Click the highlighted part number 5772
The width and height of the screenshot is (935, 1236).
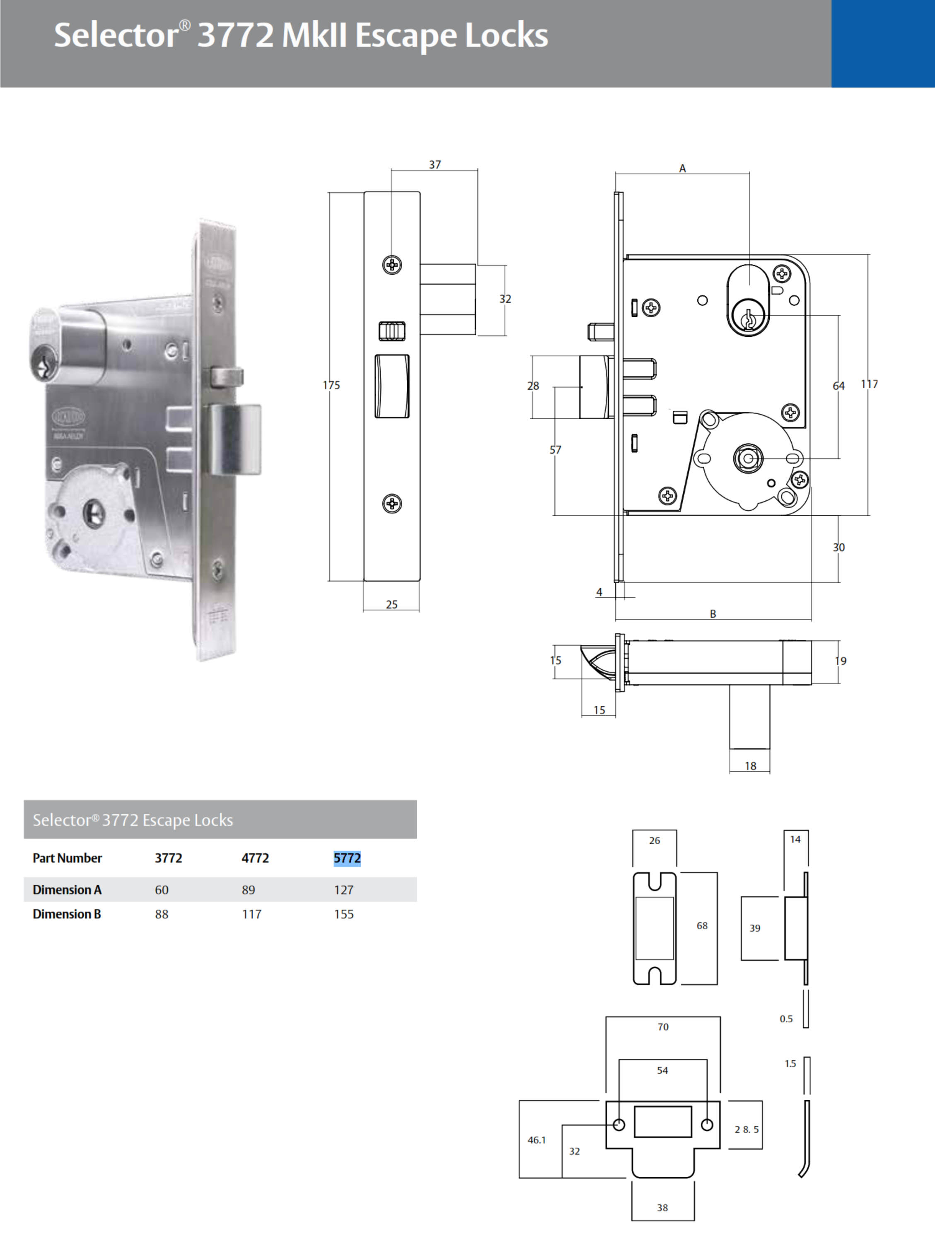[x=347, y=858]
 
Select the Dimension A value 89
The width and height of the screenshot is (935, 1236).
[x=248, y=890]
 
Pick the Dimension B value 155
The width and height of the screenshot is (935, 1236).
[x=344, y=914]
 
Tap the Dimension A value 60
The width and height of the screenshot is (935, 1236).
[x=162, y=890]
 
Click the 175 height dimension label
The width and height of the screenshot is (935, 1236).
[x=331, y=385]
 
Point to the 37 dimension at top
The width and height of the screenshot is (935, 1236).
[x=435, y=165]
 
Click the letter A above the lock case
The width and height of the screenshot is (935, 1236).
[x=682, y=168]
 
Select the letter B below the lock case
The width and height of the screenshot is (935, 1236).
[x=713, y=613]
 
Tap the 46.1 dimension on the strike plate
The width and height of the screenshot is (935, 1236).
[x=536, y=1140]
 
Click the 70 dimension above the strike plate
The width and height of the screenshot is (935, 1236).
[x=663, y=1027]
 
